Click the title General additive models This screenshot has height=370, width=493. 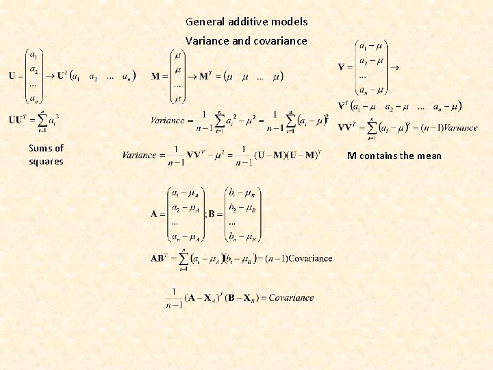click(246, 22)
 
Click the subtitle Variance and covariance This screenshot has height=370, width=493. click(246, 41)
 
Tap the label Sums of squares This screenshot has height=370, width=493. click(46, 155)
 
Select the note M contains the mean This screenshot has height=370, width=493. click(394, 156)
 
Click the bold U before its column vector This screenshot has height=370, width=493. click(12, 75)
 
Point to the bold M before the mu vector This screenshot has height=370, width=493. click(155, 75)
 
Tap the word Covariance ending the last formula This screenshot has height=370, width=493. click(291, 297)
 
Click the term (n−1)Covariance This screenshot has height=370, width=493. click(299, 258)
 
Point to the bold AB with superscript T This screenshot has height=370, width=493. click(159, 258)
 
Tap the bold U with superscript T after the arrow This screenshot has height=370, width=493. click(61, 75)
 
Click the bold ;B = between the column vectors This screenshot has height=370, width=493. click(210, 214)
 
